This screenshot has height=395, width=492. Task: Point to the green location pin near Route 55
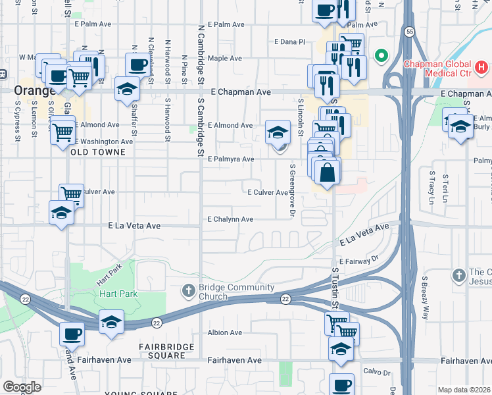[380, 56]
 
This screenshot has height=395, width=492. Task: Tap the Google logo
[22, 386]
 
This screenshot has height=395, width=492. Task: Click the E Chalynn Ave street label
[230, 219]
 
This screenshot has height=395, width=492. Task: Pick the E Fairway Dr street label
[360, 261]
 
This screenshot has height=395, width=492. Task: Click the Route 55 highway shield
[409, 31]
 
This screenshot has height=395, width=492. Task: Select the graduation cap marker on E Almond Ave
[278, 133]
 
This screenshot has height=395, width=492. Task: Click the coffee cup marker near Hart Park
[72, 333]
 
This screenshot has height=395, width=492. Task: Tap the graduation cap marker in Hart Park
[111, 322]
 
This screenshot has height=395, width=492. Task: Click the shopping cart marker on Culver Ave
[71, 194]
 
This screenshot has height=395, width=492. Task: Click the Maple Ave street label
[225, 59]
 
